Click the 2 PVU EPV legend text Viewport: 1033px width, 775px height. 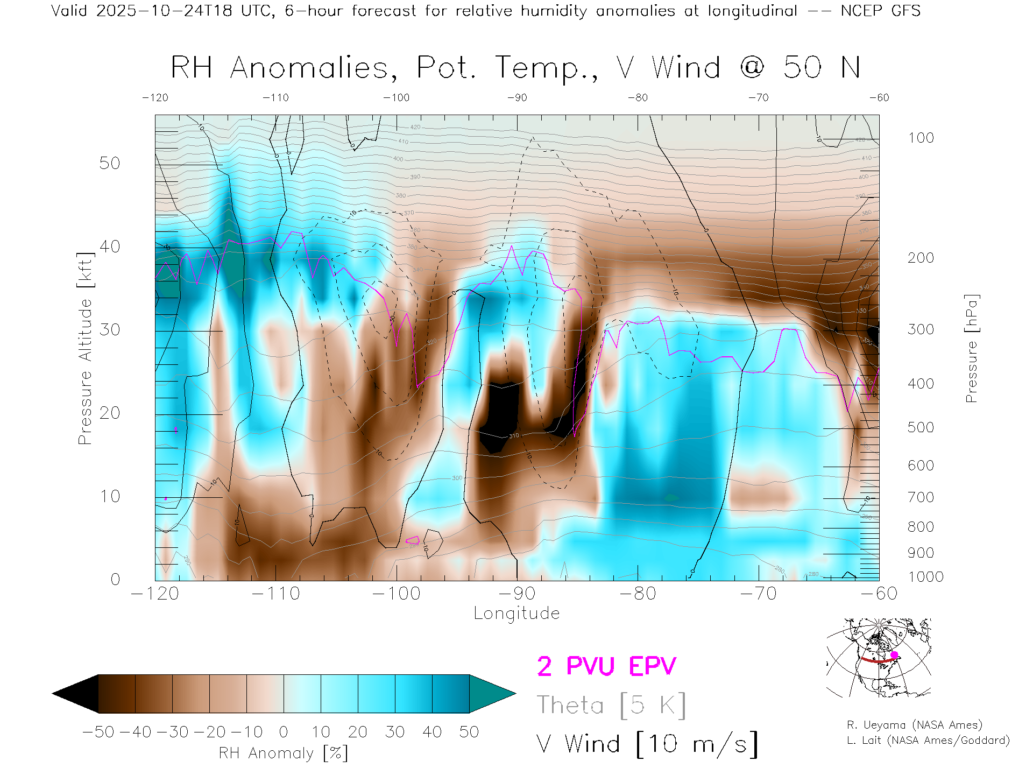point(606,666)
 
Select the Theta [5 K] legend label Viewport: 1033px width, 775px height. point(611,705)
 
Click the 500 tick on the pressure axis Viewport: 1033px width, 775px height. point(921,427)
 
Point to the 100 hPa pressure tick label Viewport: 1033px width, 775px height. point(921,138)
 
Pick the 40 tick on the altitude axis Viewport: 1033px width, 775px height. point(110,246)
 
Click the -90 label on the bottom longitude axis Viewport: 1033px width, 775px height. point(517,594)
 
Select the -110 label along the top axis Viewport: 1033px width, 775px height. point(275,97)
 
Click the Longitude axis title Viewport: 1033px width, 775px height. point(516,614)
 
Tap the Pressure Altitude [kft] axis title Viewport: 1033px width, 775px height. point(85,349)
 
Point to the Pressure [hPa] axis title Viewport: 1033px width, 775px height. point(971,349)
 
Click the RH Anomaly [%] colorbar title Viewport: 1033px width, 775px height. point(284,753)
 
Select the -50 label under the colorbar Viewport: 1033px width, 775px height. point(98,732)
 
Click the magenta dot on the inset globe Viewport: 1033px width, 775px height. point(894,655)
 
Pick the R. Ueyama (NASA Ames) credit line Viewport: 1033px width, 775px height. point(914,725)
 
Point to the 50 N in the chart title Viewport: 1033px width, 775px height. point(822,68)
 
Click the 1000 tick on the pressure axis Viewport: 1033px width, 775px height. point(925,577)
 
